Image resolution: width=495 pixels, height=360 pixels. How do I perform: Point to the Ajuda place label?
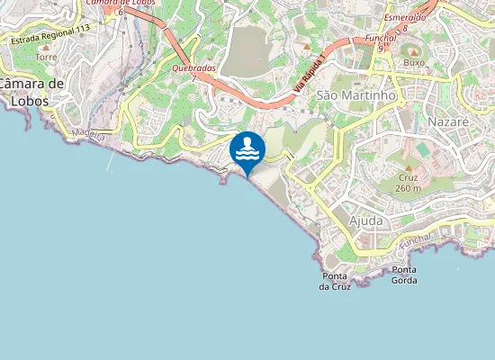coord(364,220)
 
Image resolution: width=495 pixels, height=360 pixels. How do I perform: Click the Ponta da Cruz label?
coord(335,281)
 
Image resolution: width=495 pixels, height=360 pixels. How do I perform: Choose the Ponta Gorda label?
coord(404,274)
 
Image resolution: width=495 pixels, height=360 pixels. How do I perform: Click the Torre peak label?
coord(46,57)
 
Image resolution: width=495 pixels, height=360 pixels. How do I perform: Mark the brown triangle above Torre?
coord(46,45)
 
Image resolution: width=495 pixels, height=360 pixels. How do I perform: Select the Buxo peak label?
coord(413,63)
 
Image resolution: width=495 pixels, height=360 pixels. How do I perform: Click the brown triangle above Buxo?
coord(413,51)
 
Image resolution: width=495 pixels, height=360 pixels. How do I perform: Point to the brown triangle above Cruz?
coord(408,168)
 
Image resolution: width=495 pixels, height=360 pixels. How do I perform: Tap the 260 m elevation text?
coord(408,188)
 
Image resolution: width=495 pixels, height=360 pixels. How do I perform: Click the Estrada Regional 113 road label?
coord(50,34)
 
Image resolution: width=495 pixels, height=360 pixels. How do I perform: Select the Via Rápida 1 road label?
coord(310,82)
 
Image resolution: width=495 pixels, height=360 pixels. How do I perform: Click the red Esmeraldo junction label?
coord(404,18)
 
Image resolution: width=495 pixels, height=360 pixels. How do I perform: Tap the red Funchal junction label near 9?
coord(381,39)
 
